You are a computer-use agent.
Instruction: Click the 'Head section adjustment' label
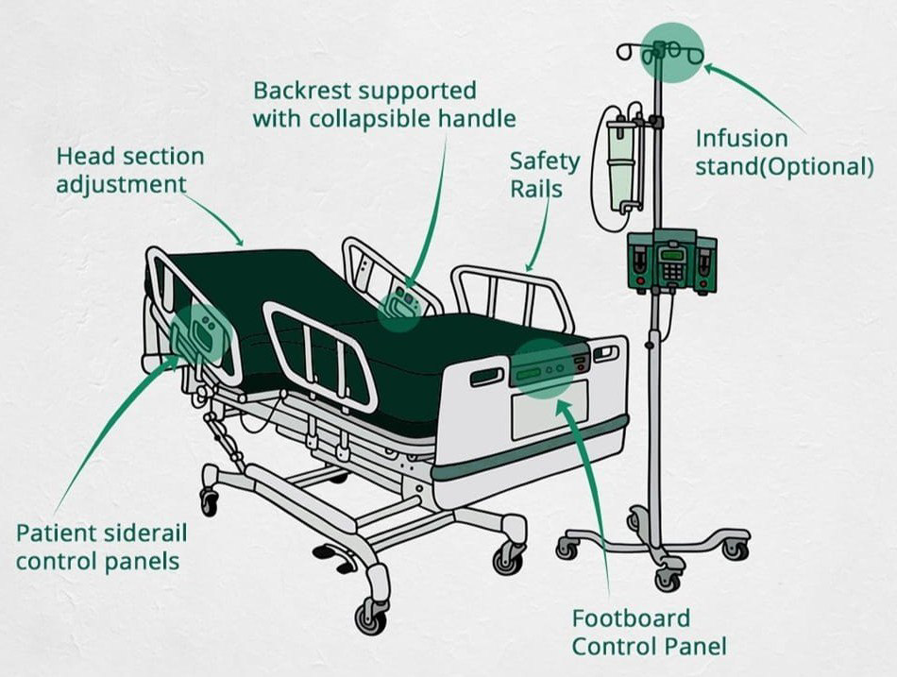(129, 169)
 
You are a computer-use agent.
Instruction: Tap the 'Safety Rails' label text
(535, 175)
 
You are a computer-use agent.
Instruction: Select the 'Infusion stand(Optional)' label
(784, 153)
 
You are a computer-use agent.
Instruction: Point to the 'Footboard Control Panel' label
(649, 632)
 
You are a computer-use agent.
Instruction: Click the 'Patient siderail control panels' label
(101, 547)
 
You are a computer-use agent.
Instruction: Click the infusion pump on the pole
(672, 261)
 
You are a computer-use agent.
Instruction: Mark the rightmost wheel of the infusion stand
(735, 548)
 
